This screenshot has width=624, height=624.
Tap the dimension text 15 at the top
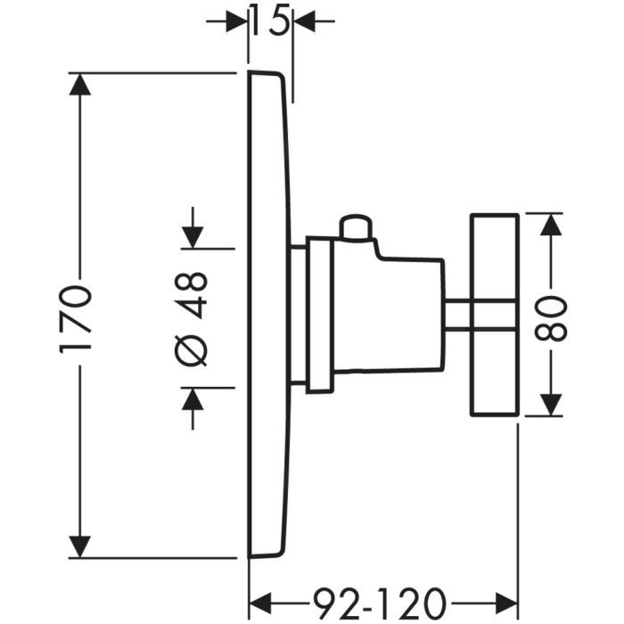[269, 20]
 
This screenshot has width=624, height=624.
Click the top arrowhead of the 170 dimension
[80, 86]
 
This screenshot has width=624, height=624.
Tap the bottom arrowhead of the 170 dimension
[80, 546]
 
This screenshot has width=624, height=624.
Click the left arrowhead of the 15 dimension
[236, 20]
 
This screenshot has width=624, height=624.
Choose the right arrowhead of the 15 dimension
[302, 20]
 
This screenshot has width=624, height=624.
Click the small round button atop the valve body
[356, 226]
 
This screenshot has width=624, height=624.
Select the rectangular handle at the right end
[494, 315]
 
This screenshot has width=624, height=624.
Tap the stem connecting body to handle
[457, 315]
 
